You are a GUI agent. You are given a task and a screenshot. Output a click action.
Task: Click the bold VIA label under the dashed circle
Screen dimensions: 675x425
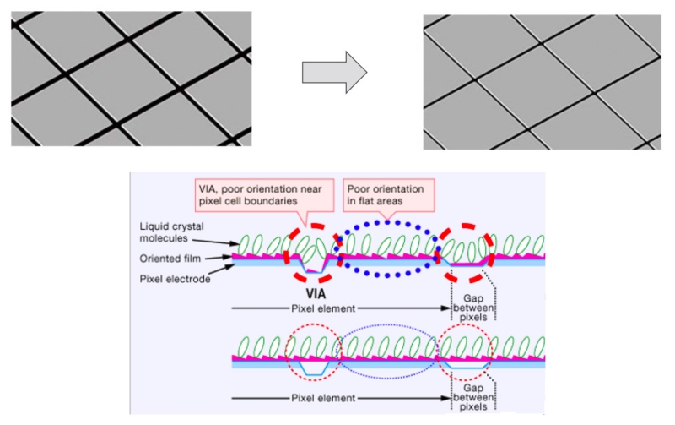tap(316, 294)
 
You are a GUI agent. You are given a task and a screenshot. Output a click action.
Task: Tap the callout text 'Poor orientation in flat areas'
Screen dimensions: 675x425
tap(386, 195)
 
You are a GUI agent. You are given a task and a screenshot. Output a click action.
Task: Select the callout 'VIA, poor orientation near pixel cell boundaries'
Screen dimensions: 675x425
tap(260, 195)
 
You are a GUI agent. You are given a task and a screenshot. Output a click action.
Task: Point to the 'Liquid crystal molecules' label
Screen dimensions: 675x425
tap(171, 232)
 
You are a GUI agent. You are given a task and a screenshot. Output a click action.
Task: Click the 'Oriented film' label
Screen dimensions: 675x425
tap(170, 259)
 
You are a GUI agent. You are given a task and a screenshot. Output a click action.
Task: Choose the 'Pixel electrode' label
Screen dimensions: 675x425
tap(175, 279)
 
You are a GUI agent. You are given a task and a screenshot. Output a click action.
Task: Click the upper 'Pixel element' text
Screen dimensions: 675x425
tap(323, 308)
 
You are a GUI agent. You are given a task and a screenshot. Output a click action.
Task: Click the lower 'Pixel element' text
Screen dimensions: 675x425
tap(323, 398)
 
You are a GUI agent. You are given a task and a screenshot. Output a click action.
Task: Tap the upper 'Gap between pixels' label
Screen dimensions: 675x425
tap(473, 308)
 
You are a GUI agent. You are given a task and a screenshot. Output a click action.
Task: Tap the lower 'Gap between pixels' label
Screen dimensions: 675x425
tap(473, 397)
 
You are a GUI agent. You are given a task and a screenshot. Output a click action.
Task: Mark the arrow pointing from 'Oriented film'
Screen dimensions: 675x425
tap(219, 258)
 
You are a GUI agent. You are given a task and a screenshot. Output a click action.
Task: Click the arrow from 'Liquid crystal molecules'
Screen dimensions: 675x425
tap(215, 242)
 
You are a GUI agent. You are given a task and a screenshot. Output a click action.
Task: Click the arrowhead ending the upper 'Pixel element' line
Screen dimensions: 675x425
tap(446, 308)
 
